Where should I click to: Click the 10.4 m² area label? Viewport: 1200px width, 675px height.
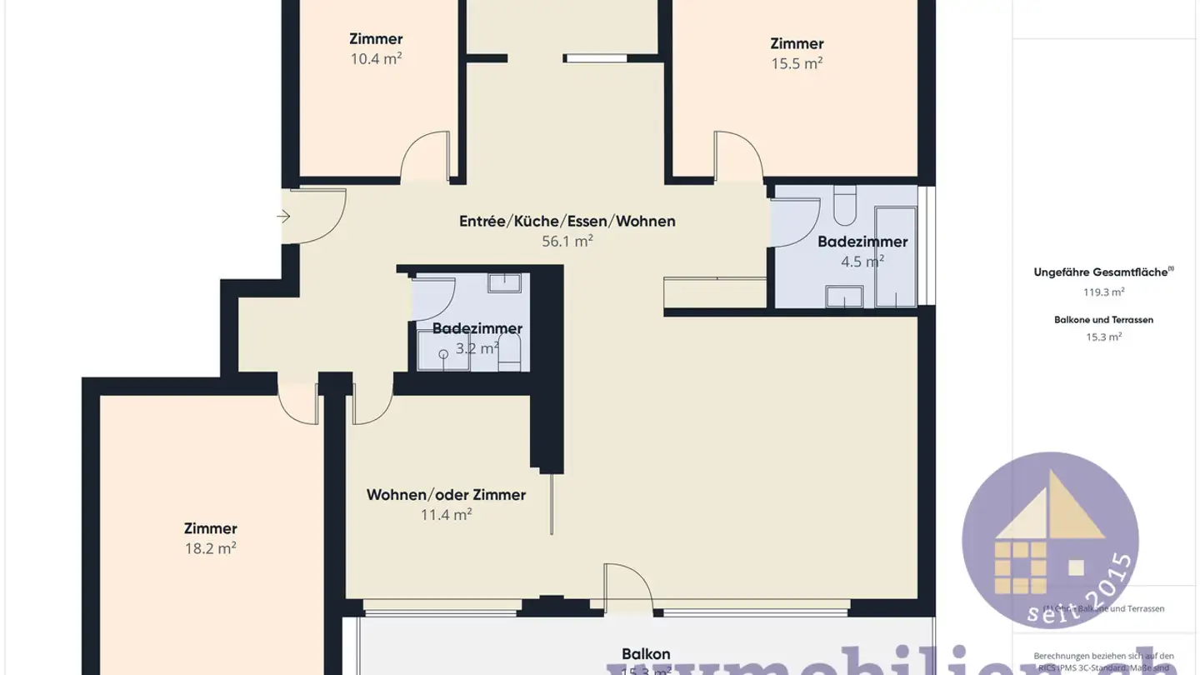(376, 59)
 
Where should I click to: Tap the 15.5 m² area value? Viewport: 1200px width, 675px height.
(797, 64)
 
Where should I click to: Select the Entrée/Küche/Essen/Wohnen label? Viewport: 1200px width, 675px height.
(567, 222)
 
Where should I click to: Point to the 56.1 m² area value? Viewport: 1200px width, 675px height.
(567, 242)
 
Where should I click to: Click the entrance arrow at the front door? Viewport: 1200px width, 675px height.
(283, 217)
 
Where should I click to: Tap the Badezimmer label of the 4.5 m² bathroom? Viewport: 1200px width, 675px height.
(862, 242)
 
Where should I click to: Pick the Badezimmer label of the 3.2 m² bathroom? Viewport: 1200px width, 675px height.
(477, 329)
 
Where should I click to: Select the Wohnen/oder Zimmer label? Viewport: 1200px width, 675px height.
(446, 495)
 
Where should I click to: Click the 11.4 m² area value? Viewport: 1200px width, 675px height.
(446, 515)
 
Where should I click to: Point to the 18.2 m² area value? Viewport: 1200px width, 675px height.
(210, 549)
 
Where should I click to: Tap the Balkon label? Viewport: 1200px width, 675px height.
(646, 654)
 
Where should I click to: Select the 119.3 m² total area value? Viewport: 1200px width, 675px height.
(1104, 292)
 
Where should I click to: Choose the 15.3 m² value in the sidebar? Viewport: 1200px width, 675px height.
(1104, 337)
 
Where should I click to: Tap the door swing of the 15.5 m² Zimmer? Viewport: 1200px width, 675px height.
(737, 155)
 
